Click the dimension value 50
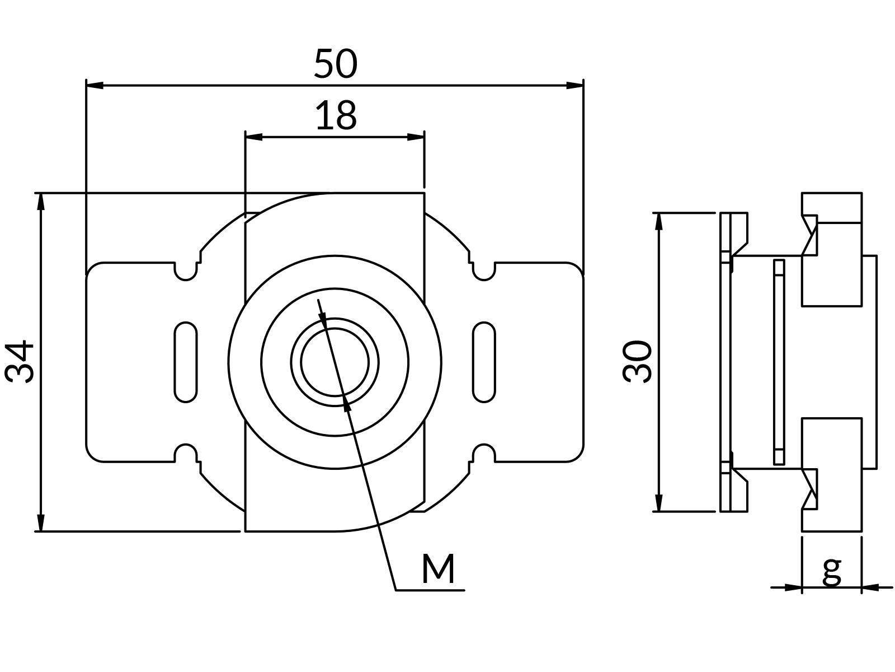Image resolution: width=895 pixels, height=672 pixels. pyautogui.click(x=335, y=64)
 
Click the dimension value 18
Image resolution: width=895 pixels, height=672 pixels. pyautogui.click(x=336, y=116)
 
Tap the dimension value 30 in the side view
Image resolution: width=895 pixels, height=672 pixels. pyautogui.click(x=638, y=362)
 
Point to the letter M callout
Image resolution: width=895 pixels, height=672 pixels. pyautogui.click(x=438, y=569)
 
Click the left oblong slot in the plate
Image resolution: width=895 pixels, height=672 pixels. pyautogui.click(x=186, y=362)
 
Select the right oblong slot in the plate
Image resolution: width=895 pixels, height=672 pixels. pyautogui.click(x=484, y=362)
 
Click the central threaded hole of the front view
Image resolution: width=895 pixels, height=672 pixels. pyautogui.click(x=335, y=362)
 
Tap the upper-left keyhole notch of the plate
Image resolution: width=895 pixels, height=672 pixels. pyautogui.click(x=186, y=271)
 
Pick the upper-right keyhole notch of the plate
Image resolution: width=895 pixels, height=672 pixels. pyautogui.click(x=484, y=271)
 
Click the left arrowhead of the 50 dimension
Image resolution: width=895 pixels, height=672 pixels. pyautogui.click(x=95, y=85)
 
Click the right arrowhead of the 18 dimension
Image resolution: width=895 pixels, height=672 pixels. pyautogui.click(x=416, y=137)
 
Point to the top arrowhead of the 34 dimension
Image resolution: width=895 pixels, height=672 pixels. pyautogui.click(x=40, y=202)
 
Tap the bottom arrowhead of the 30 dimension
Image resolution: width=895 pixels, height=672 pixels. pyautogui.click(x=659, y=503)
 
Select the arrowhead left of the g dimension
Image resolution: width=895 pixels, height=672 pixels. pyautogui.click(x=793, y=587)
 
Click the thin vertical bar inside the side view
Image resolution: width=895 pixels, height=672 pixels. pyautogui.click(x=779, y=362)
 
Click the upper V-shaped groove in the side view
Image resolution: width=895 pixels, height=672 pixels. pyautogui.click(x=809, y=235)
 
